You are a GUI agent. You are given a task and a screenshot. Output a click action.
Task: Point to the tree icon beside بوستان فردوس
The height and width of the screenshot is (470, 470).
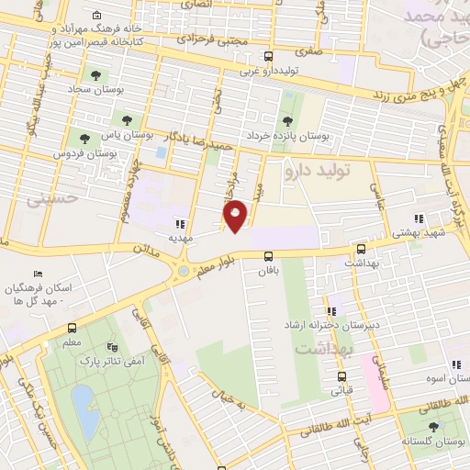(x=84, y=140)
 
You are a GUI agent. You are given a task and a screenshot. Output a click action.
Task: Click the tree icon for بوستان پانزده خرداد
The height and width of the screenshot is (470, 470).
(x=288, y=120)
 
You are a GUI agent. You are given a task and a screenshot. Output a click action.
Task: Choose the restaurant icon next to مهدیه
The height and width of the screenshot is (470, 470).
(x=180, y=223)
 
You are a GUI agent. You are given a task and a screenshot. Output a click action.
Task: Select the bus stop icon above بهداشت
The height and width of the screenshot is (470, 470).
(x=360, y=248)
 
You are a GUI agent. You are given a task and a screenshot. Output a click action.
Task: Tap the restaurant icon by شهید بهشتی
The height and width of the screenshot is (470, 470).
(x=419, y=219)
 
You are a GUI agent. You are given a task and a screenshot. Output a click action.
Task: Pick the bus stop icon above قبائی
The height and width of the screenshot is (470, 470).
(x=341, y=375)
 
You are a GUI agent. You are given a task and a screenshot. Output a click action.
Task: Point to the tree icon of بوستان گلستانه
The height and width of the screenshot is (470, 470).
(x=433, y=426)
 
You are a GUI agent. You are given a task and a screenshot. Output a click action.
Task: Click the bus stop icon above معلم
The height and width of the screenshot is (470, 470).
(x=72, y=328)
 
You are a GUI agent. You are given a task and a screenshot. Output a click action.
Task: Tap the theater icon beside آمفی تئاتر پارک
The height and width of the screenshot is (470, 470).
(x=112, y=346)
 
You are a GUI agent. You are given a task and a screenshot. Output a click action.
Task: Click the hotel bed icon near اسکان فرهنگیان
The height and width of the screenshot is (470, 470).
(x=38, y=274)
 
